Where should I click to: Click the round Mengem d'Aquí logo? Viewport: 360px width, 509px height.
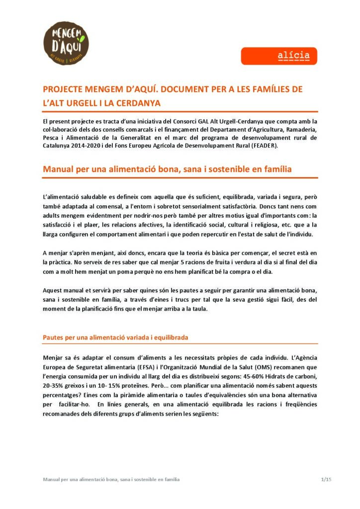(67, 42)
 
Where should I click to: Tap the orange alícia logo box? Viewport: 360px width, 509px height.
(279, 56)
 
